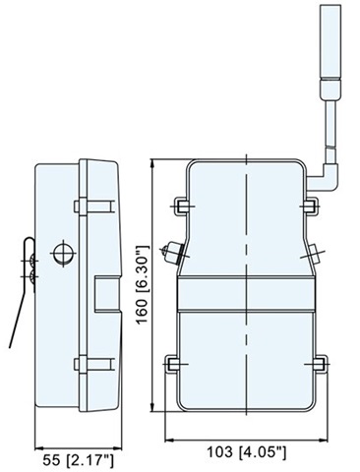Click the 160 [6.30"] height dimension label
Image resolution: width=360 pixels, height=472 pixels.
(x=143, y=284)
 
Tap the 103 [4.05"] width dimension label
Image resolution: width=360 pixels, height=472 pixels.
(x=247, y=452)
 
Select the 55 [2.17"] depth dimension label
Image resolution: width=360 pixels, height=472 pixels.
(x=78, y=460)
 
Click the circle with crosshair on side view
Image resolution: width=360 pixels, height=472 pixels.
(x=63, y=253)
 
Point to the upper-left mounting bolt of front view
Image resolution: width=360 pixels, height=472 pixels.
(x=182, y=206)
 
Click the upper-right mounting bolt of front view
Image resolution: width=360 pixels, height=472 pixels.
(x=310, y=206)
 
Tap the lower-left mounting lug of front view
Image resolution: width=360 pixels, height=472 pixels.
(x=173, y=364)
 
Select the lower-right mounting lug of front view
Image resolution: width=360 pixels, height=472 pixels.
(x=319, y=364)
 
